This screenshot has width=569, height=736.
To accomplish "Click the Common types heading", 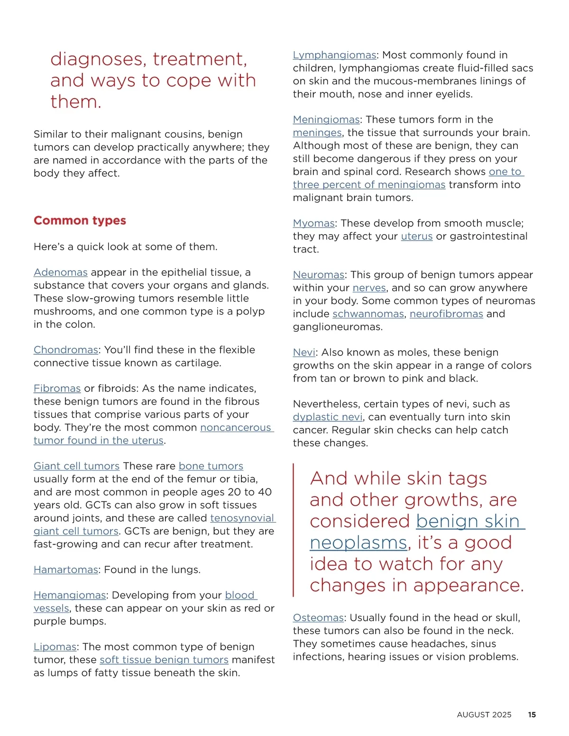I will coord(80,220).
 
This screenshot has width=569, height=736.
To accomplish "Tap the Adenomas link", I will coord(60,273).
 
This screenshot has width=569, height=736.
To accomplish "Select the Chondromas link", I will coord(65,350).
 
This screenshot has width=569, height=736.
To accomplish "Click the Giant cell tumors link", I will coord(76,466).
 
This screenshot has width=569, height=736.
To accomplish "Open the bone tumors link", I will coord(211,466).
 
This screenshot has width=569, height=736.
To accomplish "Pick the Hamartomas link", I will coord(65,570).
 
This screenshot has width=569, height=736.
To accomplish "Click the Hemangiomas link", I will coord(70,595).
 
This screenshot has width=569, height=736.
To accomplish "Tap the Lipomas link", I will coord(55,647).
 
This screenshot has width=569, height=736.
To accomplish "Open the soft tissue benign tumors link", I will coord(164,660).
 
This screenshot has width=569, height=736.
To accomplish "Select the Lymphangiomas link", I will coord(334,55).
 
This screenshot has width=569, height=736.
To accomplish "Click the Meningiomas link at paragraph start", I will coord(326,119).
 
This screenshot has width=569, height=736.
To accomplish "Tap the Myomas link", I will coord(313,223).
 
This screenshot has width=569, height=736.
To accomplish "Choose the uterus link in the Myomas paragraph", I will coord(416,236).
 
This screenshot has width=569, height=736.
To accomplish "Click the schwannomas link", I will coord(368,314).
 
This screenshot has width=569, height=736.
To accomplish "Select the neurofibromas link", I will coord(446,314).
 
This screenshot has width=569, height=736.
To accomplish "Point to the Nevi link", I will coord(303,353).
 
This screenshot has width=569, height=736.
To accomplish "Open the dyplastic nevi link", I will coord(328,417).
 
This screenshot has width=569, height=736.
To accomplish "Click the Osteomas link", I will coord(318,618).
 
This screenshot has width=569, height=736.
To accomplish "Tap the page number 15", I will coord(532,715).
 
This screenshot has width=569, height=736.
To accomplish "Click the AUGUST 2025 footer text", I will coord(484,715).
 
